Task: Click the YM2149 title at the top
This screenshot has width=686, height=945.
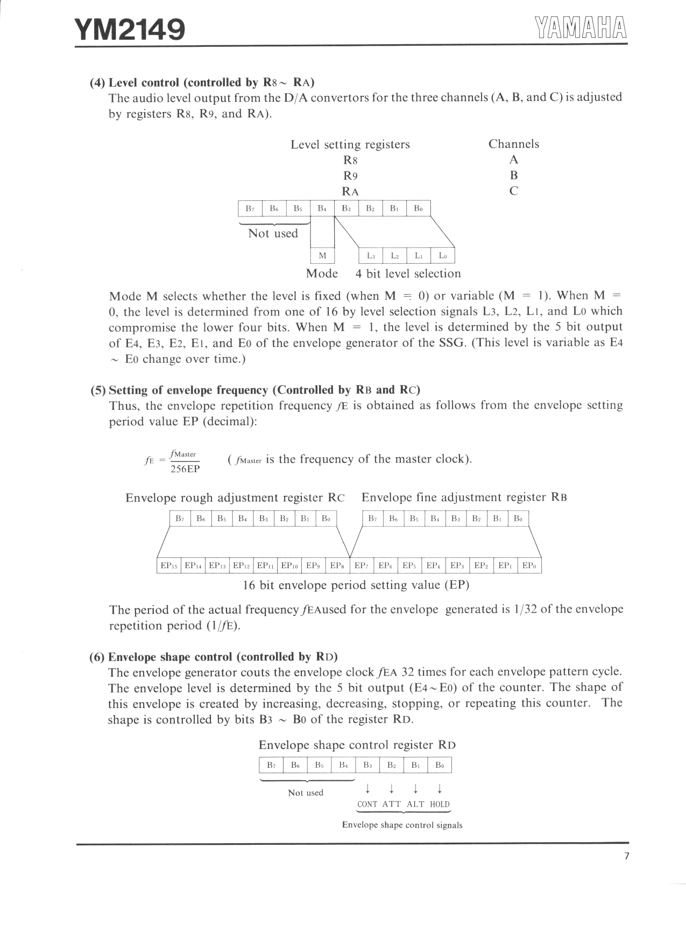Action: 130,30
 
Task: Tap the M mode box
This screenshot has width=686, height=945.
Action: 322,256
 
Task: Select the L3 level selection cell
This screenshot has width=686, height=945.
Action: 371,256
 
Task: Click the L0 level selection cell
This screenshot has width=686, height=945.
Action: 443,256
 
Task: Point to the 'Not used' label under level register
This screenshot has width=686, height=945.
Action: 273,234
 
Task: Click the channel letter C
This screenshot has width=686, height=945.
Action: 513,191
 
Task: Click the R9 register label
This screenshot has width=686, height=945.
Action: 350,176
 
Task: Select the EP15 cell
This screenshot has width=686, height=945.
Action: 169,566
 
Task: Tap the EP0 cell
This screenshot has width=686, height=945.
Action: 529,566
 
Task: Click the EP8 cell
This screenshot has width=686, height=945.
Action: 337,566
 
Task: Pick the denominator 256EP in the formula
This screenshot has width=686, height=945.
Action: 185,469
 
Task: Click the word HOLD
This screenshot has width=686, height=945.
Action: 440,804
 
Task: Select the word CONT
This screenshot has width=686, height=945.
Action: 367,804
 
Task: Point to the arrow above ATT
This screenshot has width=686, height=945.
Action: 392,789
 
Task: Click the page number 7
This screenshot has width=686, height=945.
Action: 626,857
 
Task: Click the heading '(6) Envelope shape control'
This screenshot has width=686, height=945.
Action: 214,657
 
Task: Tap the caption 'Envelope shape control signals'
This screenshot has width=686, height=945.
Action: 402,825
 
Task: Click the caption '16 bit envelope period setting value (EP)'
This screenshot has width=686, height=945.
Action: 356,585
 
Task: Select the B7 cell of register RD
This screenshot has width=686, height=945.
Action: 271,765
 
